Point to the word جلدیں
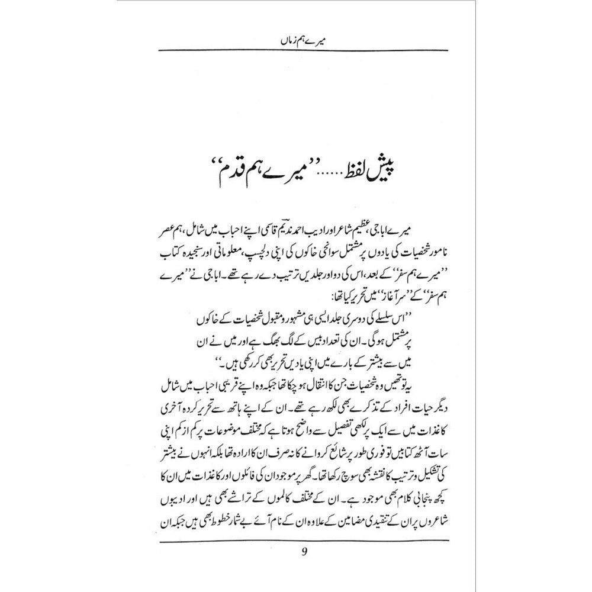pyautogui.click(x=269, y=263)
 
